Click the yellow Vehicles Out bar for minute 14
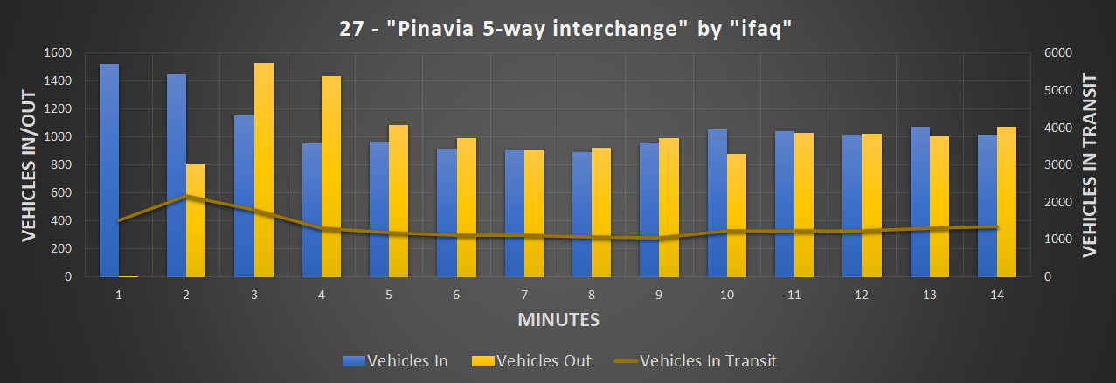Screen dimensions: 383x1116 pyautogui.click(x=1007, y=202)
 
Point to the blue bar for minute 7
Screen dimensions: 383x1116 pyautogui.click(x=514, y=213)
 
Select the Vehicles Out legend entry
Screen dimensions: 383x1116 pyautogui.click(x=530, y=360)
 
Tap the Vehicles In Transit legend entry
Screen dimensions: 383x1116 pyautogui.click(x=695, y=360)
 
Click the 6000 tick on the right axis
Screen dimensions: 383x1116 pyautogui.click(x=1056, y=53)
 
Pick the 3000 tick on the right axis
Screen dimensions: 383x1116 pyautogui.click(x=1056, y=165)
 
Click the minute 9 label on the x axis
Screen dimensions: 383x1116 pyautogui.click(x=659, y=296)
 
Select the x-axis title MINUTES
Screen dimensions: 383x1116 pyautogui.click(x=558, y=320)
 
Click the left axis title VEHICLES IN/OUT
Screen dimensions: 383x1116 pyautogui.click(x=29, y=164)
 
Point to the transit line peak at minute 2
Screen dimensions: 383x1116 pyautogui.click(x=186, y=196)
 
